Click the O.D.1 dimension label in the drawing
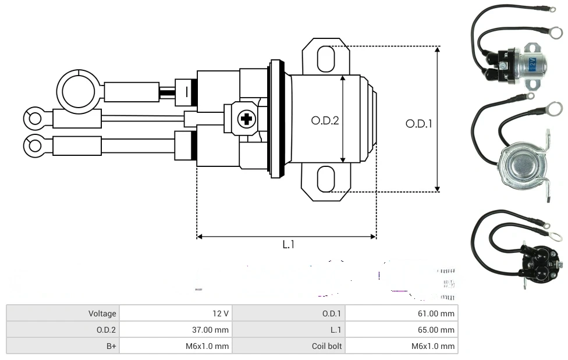(x=418, y=123)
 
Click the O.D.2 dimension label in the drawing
(x=325, y=120)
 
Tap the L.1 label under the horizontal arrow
(x=288, y=245)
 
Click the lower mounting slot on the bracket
(x=326, y=179)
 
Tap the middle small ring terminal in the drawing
(x=34, y=119)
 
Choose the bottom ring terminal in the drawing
(x=34, y=144)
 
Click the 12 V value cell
(x=175, y=313)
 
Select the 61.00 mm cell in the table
(x=402, y=313)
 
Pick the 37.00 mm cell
(x=175, y=330)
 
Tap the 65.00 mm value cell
(x=402, y=330)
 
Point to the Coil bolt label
(x=289, y=346)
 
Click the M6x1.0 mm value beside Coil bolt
(x=402, y=346)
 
